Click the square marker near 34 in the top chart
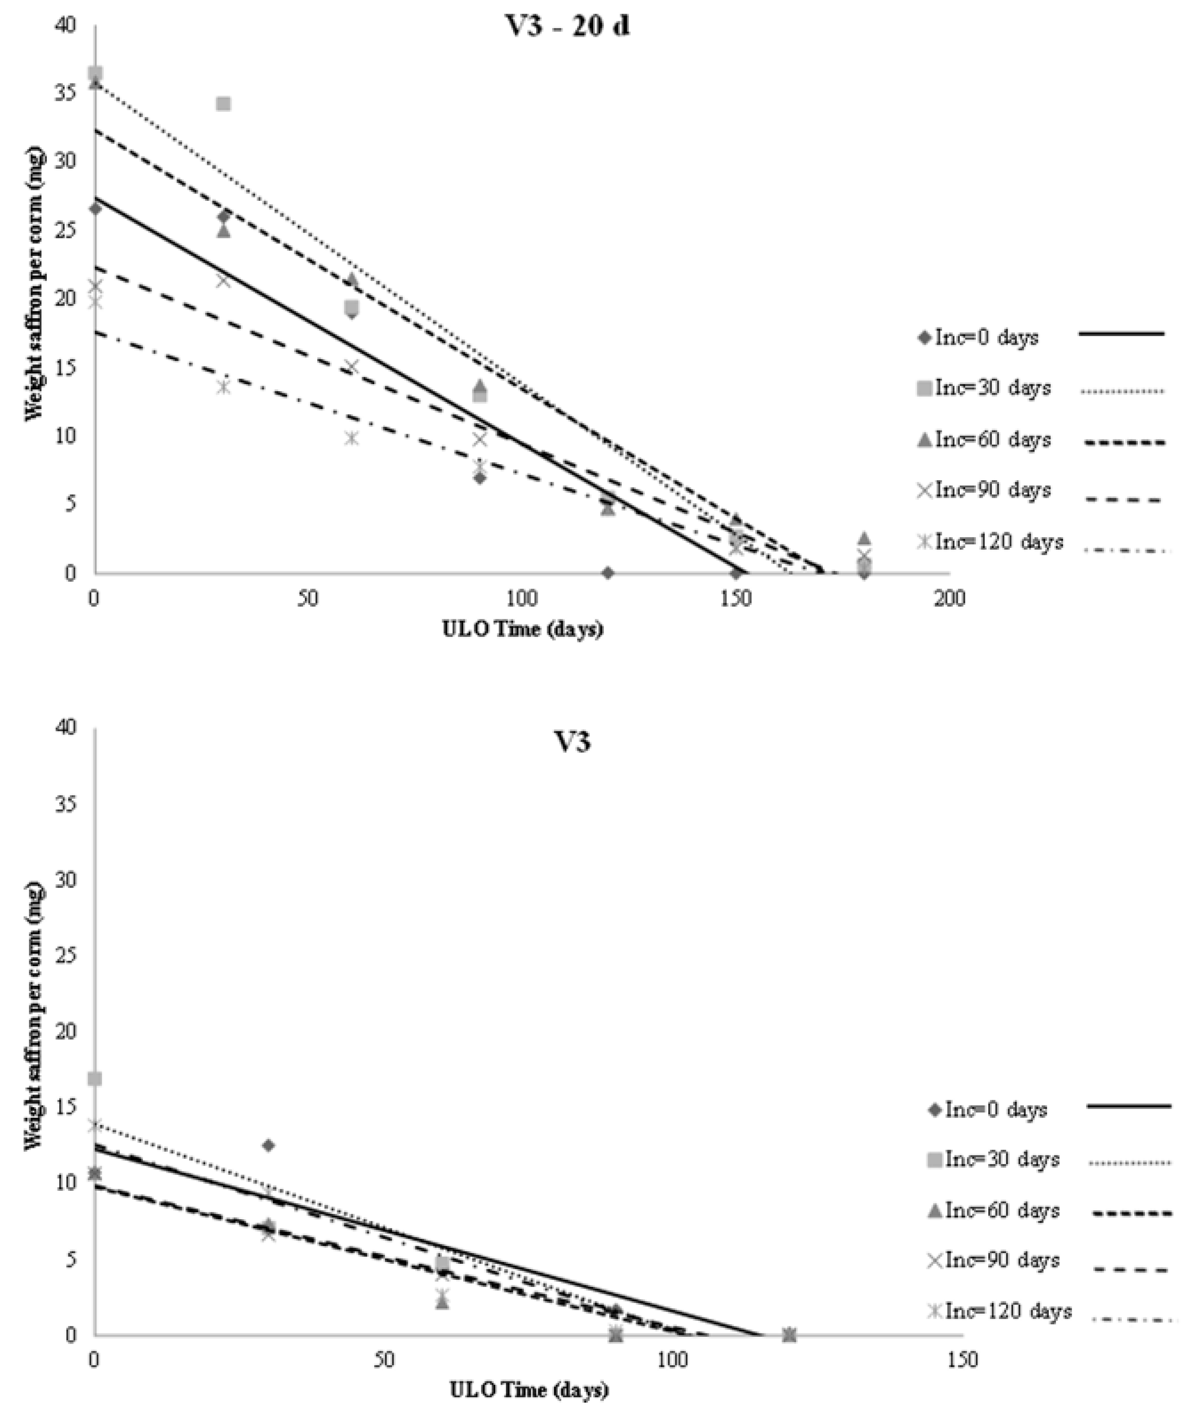point(223,103)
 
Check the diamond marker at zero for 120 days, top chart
point(608,573)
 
